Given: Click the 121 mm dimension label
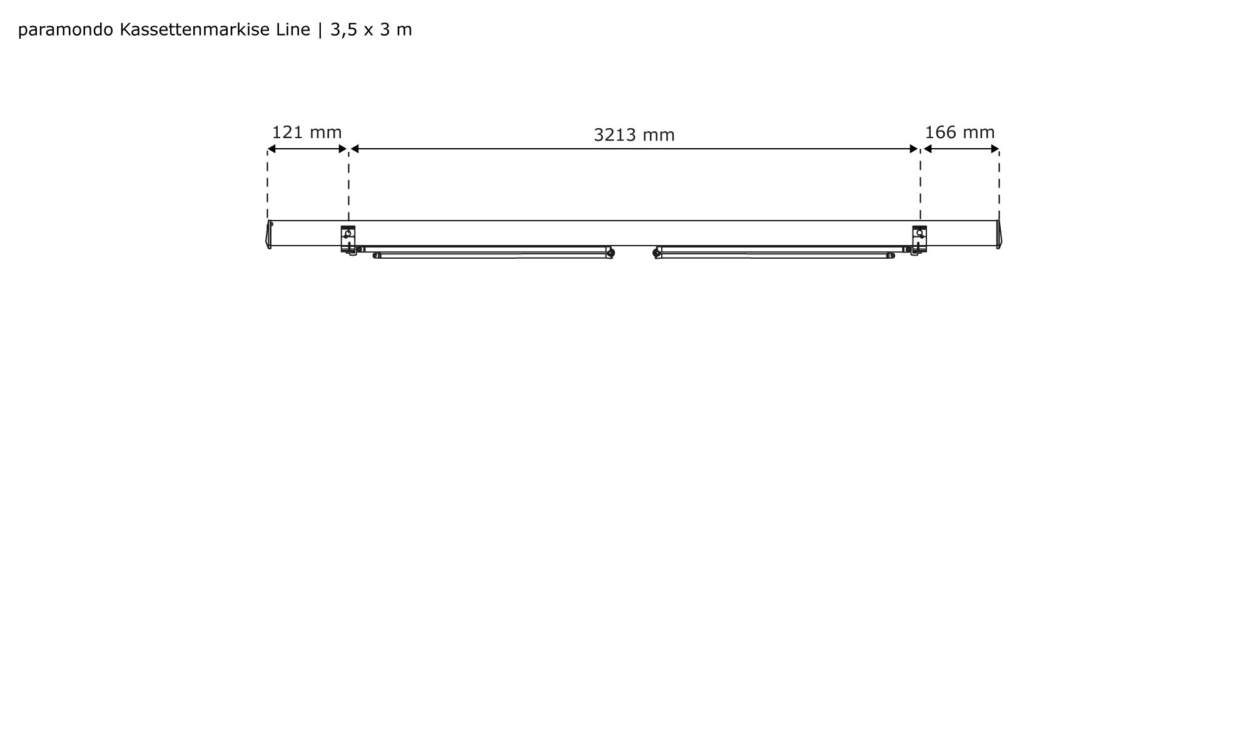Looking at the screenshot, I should click(x=306, y=132).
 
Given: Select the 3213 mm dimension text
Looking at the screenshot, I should click(x=634, y=135).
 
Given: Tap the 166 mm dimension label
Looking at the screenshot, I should click(x=960, y=132).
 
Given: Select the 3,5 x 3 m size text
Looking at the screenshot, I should click(x=371, y=30).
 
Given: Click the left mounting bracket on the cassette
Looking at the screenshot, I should click(x=348, y=239).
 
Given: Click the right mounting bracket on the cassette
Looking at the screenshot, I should click(x=919, y=239).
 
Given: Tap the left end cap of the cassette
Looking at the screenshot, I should click(x=269, y=234).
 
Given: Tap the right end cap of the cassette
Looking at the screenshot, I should click(x=998, y=234).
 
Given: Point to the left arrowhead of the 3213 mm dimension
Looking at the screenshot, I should click(x=355, y=149).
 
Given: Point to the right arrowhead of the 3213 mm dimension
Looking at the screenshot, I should click(x=914, y=149).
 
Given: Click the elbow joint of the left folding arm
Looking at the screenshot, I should click(x=611, y=252).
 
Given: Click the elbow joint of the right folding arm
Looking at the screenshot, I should click(x=656, y=252).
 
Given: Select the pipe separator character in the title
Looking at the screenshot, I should click(x=320, y=30).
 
